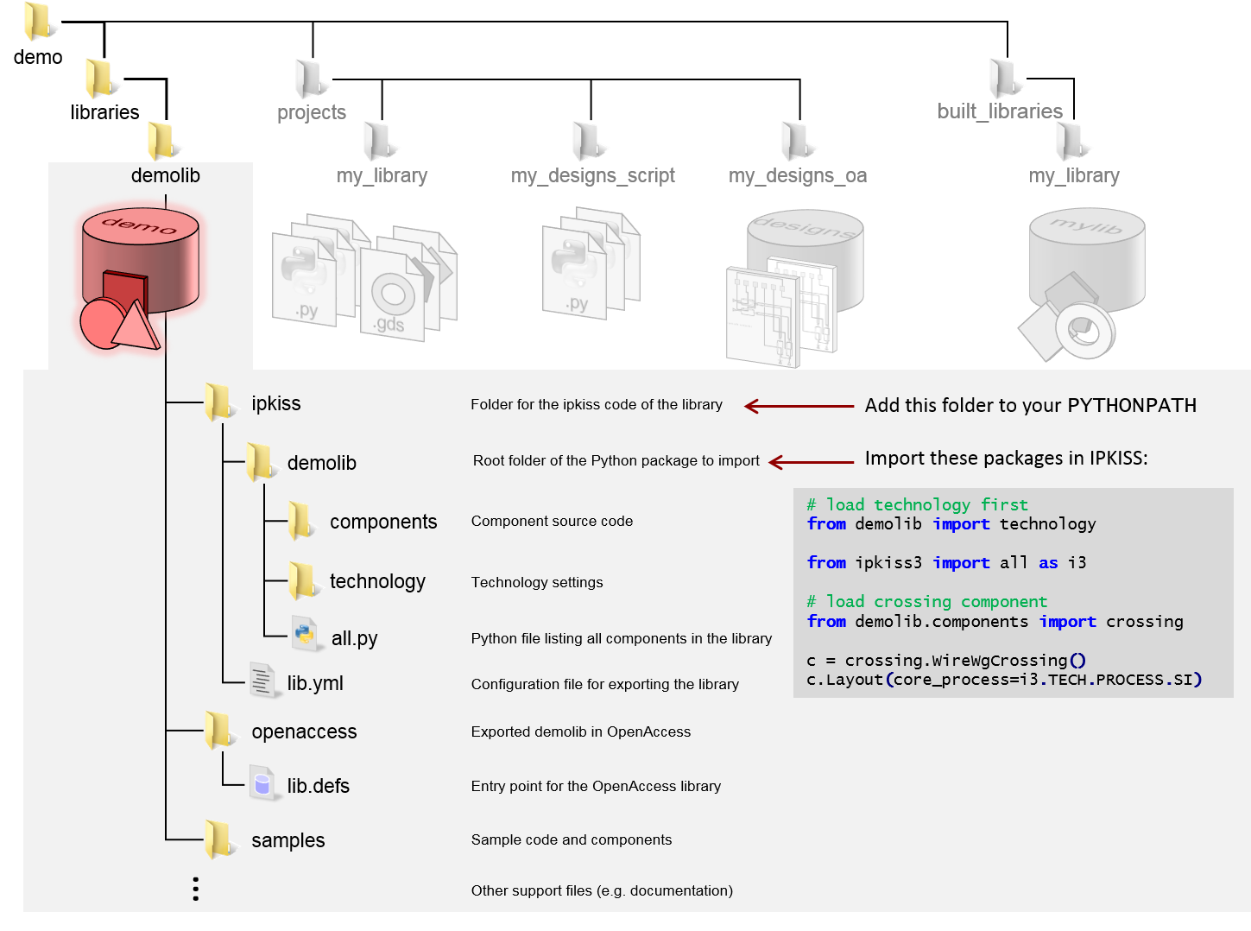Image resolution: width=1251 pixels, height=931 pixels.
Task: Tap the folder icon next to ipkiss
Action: tap(218, 402)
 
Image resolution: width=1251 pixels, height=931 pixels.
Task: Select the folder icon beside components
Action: tap(300, 521)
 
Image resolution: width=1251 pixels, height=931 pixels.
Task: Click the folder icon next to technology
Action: tap(302, 580)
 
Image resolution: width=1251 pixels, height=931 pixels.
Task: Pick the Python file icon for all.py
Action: tap(303, 634)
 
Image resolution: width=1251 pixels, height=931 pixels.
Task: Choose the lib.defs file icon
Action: tap(262, 783)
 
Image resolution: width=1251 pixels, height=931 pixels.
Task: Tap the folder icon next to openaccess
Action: tap(218, 731)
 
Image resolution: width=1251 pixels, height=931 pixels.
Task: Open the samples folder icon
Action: tap(218, 839)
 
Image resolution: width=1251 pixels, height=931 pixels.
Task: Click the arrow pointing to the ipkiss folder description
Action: tap(799, 406)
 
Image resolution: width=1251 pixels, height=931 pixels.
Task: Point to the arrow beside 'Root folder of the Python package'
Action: tap(811, 462)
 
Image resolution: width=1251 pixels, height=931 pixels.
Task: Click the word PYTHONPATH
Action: tap(1132, 406)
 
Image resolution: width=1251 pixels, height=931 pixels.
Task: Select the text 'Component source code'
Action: tap(552, 522)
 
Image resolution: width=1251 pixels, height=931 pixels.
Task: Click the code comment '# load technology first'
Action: tap(917, 504)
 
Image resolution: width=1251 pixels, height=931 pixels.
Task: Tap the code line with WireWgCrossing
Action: tap(946, 661)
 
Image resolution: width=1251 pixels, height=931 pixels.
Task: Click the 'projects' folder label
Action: tap(312, 112)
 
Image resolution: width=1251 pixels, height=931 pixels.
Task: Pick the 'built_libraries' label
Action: tap(1000, 111)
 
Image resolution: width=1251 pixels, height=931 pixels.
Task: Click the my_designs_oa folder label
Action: tap(798, 176)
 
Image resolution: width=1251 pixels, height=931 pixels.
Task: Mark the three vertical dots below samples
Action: tap(196, 889)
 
